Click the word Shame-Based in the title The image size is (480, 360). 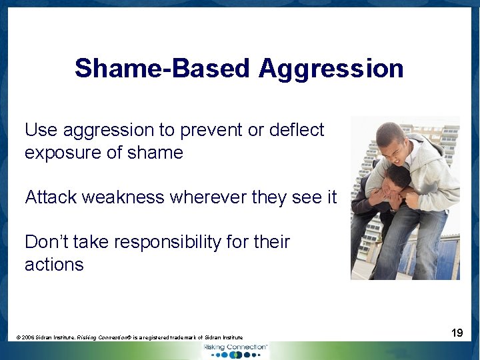pos(163,68)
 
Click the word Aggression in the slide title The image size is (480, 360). pos(331,68)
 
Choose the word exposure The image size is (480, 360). pos(61,153)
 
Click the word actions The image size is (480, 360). pos(54,265)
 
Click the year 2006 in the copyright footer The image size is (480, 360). pos(29,338)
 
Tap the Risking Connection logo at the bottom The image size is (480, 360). pos(235,350)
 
